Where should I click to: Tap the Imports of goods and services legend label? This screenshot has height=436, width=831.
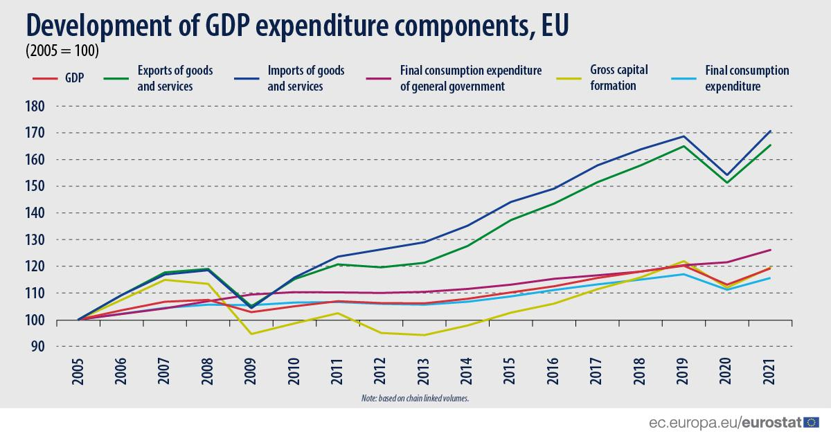coord(305,78)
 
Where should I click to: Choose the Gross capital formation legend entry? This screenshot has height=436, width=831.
coord(619,78)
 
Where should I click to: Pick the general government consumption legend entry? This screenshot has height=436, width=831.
coord(470,78)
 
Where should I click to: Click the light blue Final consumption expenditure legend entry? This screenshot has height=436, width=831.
coord(747,78)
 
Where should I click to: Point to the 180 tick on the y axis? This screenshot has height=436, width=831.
coord(34,107)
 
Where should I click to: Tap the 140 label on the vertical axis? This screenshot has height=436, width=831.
coord(34,213)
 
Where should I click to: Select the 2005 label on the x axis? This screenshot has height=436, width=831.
coord(78,372)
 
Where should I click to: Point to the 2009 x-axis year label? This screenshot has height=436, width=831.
coord(251,372)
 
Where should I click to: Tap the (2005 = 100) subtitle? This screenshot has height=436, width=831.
coord(62,51)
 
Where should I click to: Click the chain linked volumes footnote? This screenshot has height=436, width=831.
coord(415,399)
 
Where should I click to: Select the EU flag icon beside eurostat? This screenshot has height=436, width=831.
coord(812,421)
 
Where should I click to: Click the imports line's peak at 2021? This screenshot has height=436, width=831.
coord(771,131)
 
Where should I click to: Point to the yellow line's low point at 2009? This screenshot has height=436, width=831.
coord(251,334)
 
